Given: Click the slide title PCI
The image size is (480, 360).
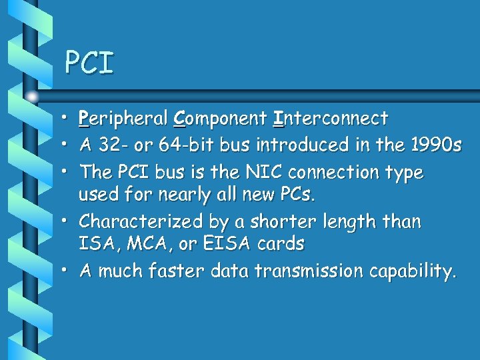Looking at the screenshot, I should pyautogui.click(x=89, y=63).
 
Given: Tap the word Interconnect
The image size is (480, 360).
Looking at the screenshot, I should pyautogui.click(x=331, y=119).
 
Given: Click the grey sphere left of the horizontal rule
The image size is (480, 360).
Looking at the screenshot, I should pyautogui.click(x=32, y=95).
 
